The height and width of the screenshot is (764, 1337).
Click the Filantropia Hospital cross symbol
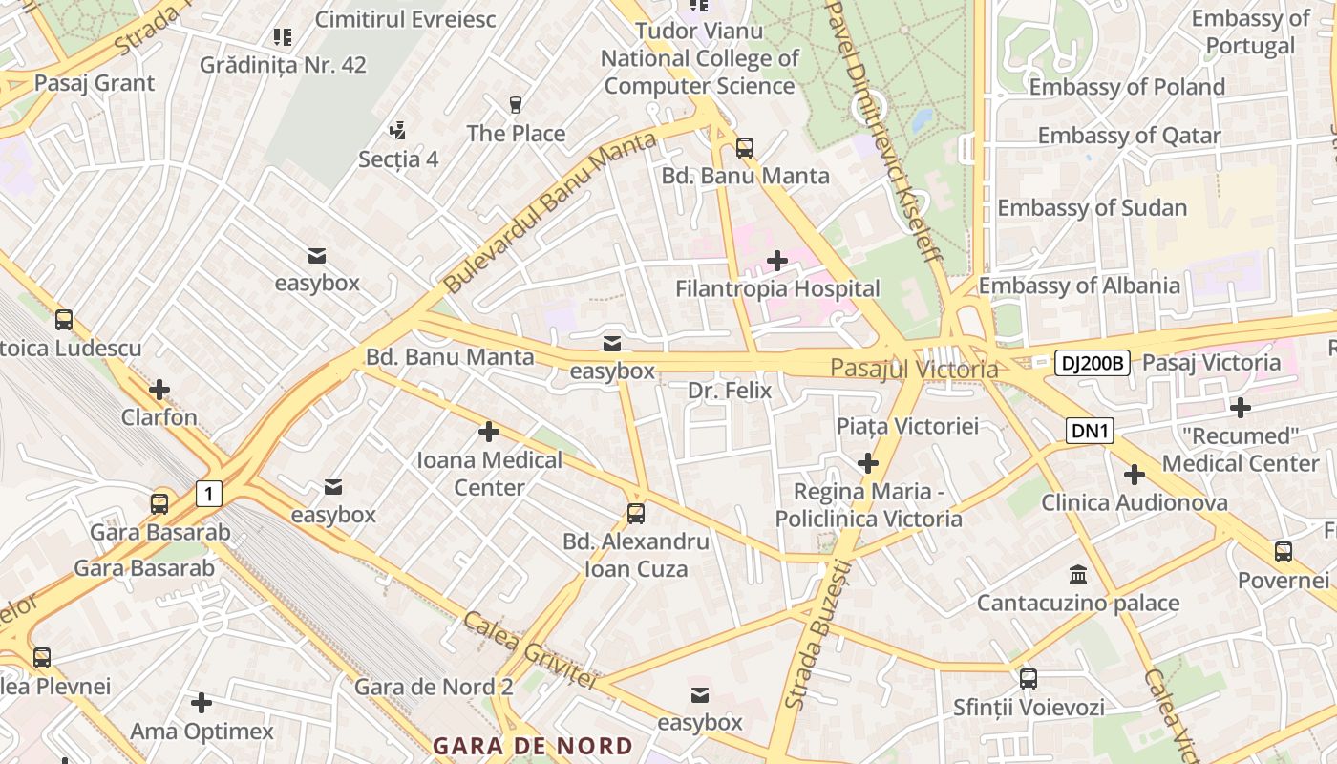coord(777,260)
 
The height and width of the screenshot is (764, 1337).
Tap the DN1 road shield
coord(1091,432)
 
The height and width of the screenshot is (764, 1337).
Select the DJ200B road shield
coord(1093,363)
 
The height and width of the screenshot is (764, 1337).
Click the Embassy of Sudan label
coord(1092,207)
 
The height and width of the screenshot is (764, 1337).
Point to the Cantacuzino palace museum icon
coord(1078,575)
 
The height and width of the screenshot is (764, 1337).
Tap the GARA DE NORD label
coord(532,746)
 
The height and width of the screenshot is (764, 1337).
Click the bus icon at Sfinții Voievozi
coord(1028,679)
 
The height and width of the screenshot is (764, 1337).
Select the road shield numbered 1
coord(209,494)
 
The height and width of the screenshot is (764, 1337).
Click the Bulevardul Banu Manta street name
coord(550,213)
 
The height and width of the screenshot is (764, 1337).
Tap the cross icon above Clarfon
coord(159,390)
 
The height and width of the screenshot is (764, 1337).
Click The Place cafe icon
coord(516,105)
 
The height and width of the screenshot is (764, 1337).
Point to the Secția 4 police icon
coord(398,130)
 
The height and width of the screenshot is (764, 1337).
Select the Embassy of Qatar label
coord(1129,136)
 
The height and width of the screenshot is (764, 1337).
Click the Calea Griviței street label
coord(530,650)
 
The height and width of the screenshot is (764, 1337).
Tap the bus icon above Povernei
coord(1283,552)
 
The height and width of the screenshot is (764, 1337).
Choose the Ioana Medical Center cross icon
coord(489,432)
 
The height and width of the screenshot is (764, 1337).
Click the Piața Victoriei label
coord(907,426)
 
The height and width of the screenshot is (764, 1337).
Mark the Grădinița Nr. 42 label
coord(283,65)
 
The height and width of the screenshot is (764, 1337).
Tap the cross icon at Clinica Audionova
coord(1134,474)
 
